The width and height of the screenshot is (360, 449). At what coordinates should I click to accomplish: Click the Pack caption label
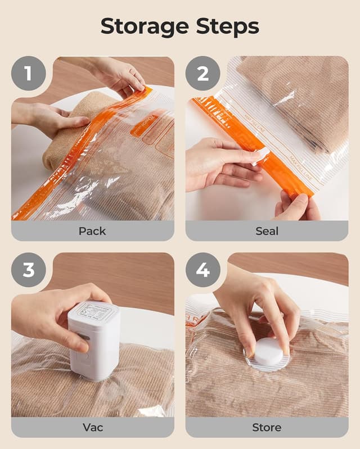[x=92, y=231]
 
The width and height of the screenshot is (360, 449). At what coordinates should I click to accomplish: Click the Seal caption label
[x=267, y=231]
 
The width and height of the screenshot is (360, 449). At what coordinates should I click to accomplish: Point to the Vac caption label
[x=92, y=427]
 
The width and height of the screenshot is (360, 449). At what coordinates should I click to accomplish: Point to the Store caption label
[x=267, y=427]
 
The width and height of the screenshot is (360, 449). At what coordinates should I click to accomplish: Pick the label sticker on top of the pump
[x=93, y=311]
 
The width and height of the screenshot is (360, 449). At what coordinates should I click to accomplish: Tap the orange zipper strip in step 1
[x=73, y=157]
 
